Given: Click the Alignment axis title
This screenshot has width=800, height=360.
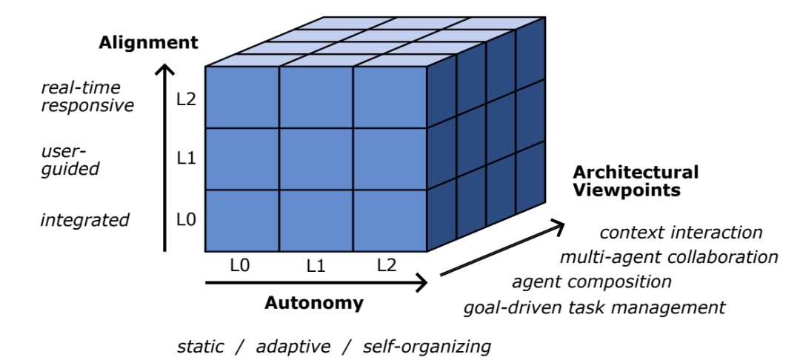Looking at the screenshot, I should (x=149, y=42).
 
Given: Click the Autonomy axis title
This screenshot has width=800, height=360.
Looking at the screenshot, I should (x=314, y=303).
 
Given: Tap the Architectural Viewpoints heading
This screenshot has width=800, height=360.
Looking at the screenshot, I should (x=636, y=181).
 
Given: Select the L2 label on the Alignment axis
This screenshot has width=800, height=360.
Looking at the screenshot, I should (x=186, y=98).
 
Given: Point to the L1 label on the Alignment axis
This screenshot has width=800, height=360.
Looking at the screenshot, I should (x=186, y=159).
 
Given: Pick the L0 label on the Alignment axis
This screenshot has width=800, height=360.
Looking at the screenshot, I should (x=186, y=219).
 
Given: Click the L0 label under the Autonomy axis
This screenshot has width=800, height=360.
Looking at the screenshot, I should (x=239, y=265).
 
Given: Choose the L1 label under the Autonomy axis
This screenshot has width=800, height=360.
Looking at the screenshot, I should (x=316, y=265).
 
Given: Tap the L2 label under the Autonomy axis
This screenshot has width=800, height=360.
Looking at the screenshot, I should (x=387, y=265).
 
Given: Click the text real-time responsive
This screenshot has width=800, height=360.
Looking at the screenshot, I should (x=87, y=96).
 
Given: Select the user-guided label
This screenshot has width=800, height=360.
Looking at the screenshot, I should (x=70, y=160).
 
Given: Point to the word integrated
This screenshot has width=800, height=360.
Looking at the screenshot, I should (x=85, y=220).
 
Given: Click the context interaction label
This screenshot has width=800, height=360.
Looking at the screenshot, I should (x=681, y=233).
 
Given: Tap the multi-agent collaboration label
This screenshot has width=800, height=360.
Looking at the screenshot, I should (x=669, y=257).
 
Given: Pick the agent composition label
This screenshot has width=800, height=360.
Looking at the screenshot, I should (x=592, y=281).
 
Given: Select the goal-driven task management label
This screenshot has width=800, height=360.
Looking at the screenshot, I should (x=595, y=307).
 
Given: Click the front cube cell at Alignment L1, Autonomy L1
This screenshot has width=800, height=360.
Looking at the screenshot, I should (x=316, y=159).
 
